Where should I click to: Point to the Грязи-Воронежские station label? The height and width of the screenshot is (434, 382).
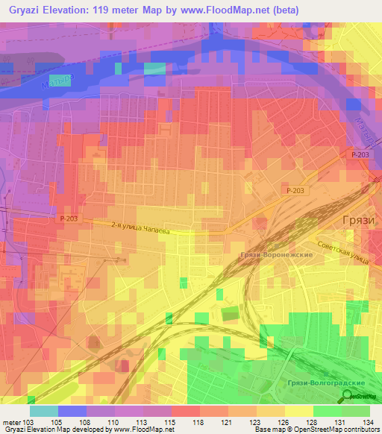coord(277,255)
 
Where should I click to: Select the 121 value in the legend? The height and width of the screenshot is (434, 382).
coord(226,423)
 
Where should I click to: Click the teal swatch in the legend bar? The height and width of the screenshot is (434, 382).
coord(44,411)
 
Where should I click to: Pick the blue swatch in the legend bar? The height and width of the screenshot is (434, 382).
coord(72,411)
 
